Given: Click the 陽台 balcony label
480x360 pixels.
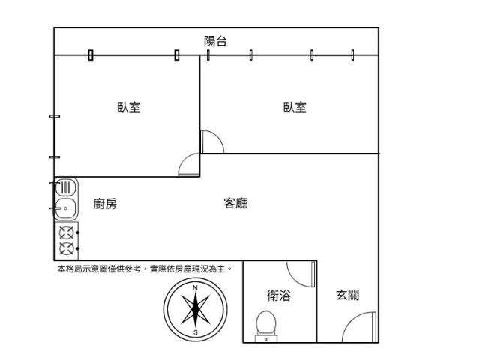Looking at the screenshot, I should [216, 41].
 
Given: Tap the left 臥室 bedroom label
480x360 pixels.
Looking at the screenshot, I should [128, 107].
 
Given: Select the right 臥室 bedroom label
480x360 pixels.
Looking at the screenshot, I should [295, 107].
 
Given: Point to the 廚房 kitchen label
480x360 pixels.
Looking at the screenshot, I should [105, 204].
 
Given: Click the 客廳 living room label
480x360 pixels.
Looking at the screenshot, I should [235, 203].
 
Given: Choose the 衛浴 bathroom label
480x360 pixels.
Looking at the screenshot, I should [278, 295].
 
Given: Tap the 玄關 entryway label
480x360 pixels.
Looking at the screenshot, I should [347, 295].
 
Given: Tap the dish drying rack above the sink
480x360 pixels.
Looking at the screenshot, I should [64, 187].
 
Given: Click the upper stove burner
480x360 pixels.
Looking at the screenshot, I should [66, 232].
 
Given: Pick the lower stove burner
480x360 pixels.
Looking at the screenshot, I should [66, 248].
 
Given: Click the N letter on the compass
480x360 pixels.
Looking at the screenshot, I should [195, 288].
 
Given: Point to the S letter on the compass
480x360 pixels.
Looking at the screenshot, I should [195, 331].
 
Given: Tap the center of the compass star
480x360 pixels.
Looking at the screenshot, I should [195, 310].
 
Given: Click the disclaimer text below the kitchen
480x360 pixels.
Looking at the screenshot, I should [145, 268].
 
